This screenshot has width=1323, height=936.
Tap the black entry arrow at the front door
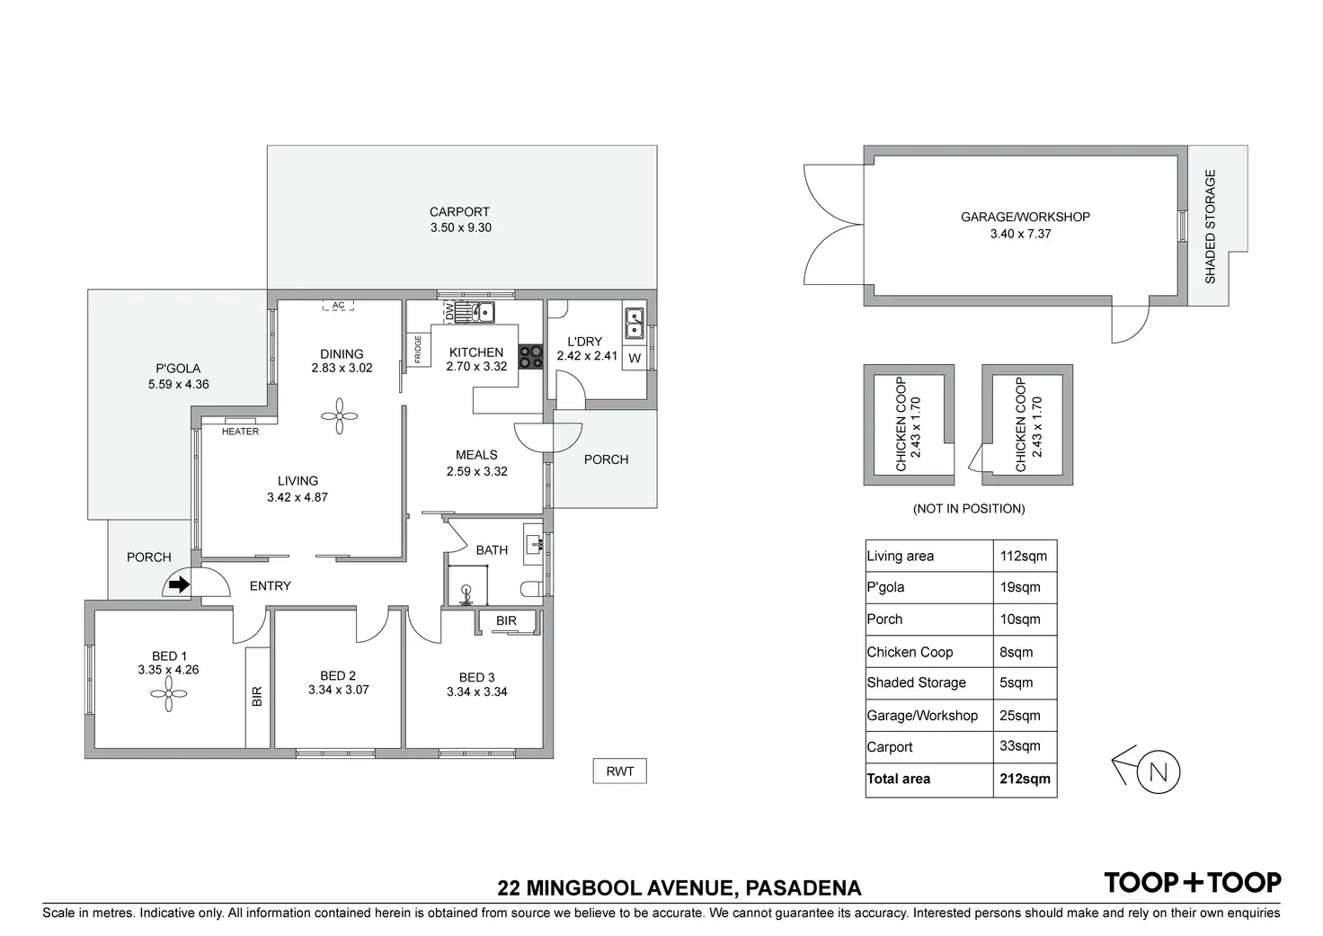point(179,585)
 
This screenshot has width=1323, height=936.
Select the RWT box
point(619,771)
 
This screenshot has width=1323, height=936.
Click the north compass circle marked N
point(1158,771)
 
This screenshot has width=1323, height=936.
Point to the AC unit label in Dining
point(338,306)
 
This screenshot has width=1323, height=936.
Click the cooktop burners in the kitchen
point(530,357)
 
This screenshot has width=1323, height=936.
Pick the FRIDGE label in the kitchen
point(418,349)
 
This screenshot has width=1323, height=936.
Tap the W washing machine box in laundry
point(635,358)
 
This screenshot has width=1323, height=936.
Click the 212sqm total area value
point(1025,779)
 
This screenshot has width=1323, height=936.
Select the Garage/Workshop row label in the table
point(922,716)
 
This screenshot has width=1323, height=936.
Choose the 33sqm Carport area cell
point(1020,746)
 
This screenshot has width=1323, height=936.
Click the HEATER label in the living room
point(240,432)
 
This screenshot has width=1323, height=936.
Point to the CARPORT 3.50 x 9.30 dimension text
point(460,227)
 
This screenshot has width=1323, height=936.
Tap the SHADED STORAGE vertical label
point(1210,227)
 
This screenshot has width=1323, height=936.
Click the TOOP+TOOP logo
point(1192,882)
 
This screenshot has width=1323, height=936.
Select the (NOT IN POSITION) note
point(969,509)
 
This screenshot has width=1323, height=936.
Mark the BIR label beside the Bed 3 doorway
point(506,620)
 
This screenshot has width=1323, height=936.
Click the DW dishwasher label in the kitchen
point(449,311)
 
